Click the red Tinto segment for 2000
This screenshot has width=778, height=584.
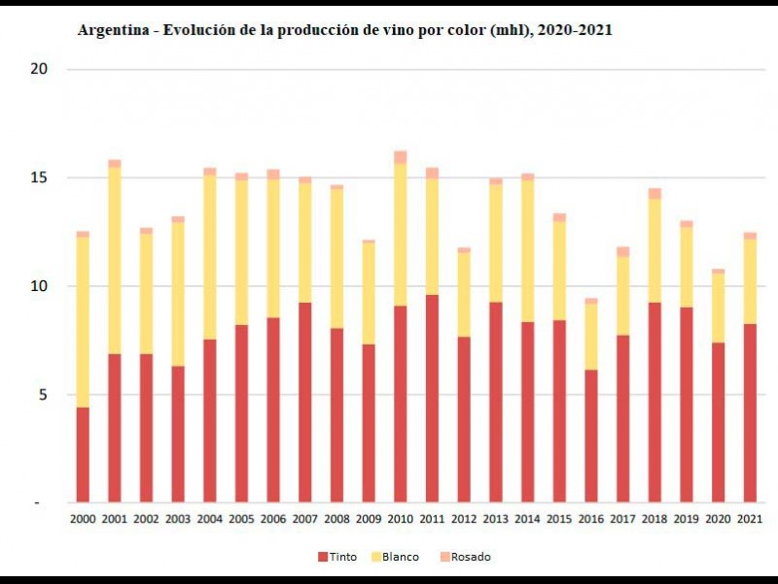[x=84, y=455]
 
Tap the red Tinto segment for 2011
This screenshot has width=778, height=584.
[x=432, y=398]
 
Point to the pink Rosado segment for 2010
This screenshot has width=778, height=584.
[x=401, y=157]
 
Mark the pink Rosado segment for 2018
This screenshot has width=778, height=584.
[x=654, y=193]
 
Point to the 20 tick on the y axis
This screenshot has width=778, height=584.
[x=39, y=69]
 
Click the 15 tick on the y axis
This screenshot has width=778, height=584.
[x=39, y=178]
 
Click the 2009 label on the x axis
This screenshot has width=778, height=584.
[x=369, y=519]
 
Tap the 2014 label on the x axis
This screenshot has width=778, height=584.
[x=527, y=519]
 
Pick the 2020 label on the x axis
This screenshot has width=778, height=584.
[x=718, y=519]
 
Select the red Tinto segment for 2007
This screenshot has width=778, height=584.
[x=305, y=402]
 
